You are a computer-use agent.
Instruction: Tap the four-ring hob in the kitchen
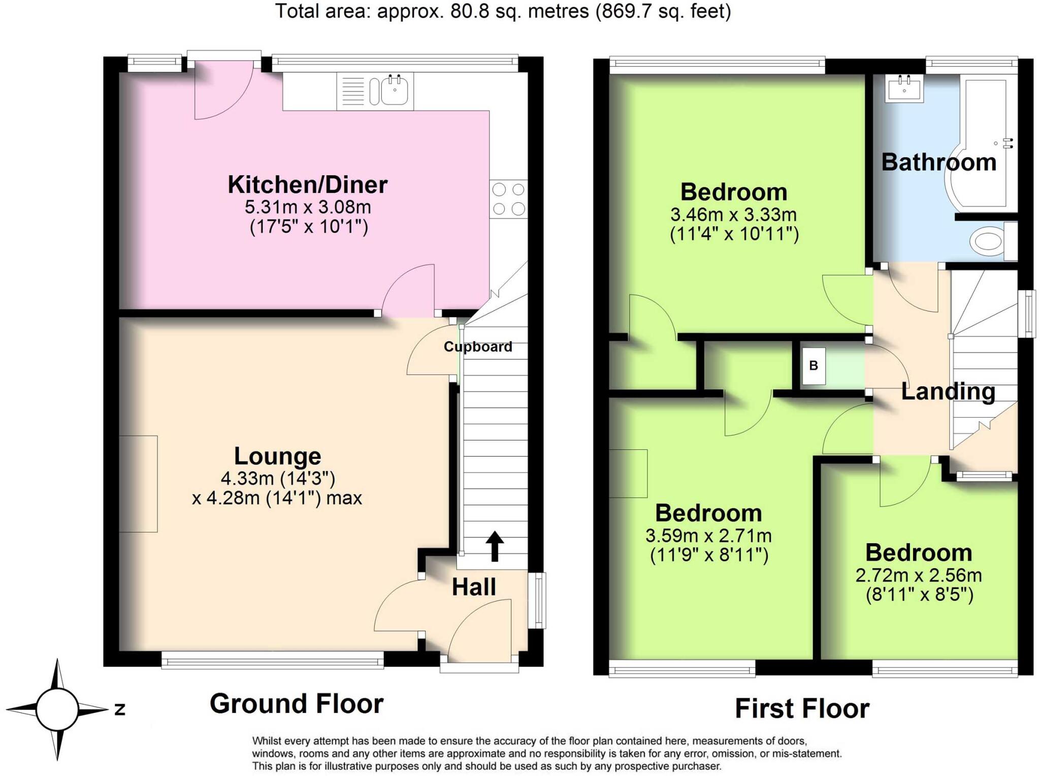508,199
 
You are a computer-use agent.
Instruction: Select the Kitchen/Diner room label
307,184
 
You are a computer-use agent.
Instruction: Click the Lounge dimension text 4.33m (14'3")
278,478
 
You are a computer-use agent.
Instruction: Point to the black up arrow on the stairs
494,546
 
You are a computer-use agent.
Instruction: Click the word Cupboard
477,347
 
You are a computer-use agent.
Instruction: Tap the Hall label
474,587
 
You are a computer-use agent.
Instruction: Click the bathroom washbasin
904,88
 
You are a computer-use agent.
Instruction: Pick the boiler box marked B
814,365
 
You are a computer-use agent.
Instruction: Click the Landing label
948,391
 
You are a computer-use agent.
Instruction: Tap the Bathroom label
938,162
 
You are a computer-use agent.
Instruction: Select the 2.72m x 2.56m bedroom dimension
918,575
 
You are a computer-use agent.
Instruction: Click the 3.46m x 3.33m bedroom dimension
733,214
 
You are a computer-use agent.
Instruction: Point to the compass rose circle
57,709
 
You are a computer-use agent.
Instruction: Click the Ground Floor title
297,704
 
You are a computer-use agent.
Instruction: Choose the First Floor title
802,708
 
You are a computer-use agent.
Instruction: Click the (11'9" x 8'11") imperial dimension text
709,555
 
